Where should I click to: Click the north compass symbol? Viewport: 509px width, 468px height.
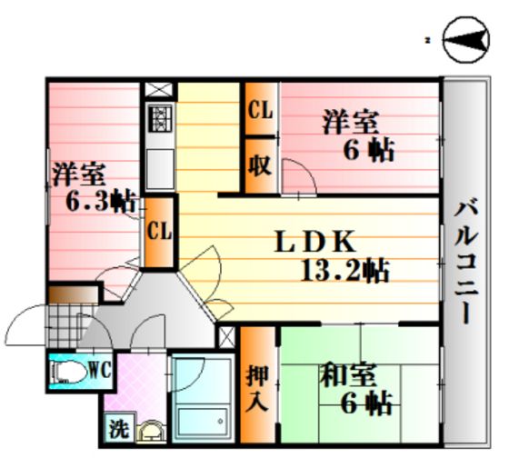pos(466,39)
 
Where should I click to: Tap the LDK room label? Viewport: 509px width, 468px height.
pos(314,242)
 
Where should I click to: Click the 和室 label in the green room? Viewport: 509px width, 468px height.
pos(347,375)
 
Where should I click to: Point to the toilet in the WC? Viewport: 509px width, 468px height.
pos(68,373)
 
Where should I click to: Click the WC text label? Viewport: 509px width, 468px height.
pos(100,370)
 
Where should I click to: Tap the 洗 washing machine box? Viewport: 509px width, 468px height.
pos(119,427)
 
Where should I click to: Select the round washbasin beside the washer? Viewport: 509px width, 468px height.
pos(151,431)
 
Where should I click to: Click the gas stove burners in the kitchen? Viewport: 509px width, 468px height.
pos(160,118)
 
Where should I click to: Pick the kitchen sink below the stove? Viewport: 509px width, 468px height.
pos(160,169)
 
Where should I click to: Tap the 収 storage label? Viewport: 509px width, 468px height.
pos(260,164)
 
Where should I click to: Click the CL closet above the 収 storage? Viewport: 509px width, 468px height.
pos(260,109)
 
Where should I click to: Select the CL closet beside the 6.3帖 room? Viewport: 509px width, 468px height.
pos(159,232)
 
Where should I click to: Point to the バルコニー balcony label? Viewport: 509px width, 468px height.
pos(466,263)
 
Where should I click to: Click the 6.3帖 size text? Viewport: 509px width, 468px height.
pos(101,201)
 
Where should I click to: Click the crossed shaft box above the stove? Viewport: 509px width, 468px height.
pos(158,90)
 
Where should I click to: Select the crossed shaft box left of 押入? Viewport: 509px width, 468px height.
pos(226,337)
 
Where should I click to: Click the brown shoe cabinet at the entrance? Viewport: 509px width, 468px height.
pos(74,294)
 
